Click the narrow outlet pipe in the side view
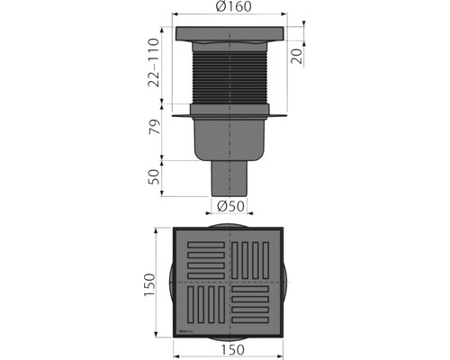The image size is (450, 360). pyautogui.click(x=230, y=179)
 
